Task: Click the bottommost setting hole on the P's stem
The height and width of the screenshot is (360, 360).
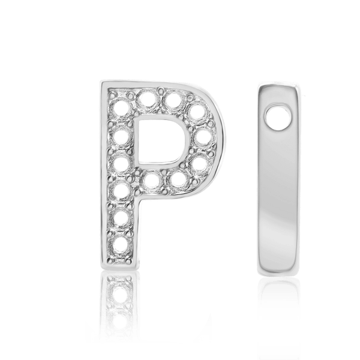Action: click(117, 245)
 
